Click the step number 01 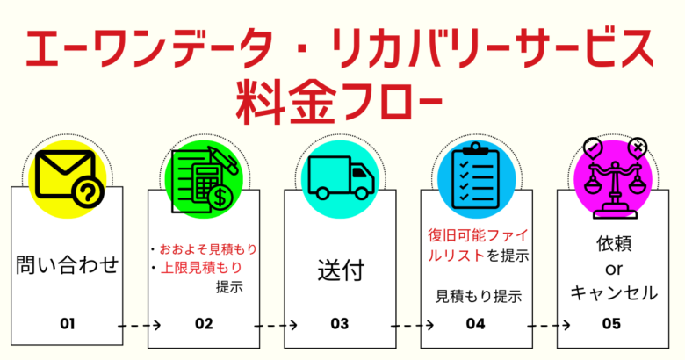click(x=68, y=323)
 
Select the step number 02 click(x=204, y=323)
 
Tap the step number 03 click(x=340, y=323)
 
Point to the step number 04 click(x=476, y=323)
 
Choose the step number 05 click(x=612, y=323)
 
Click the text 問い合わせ click(x=68, y=264)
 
